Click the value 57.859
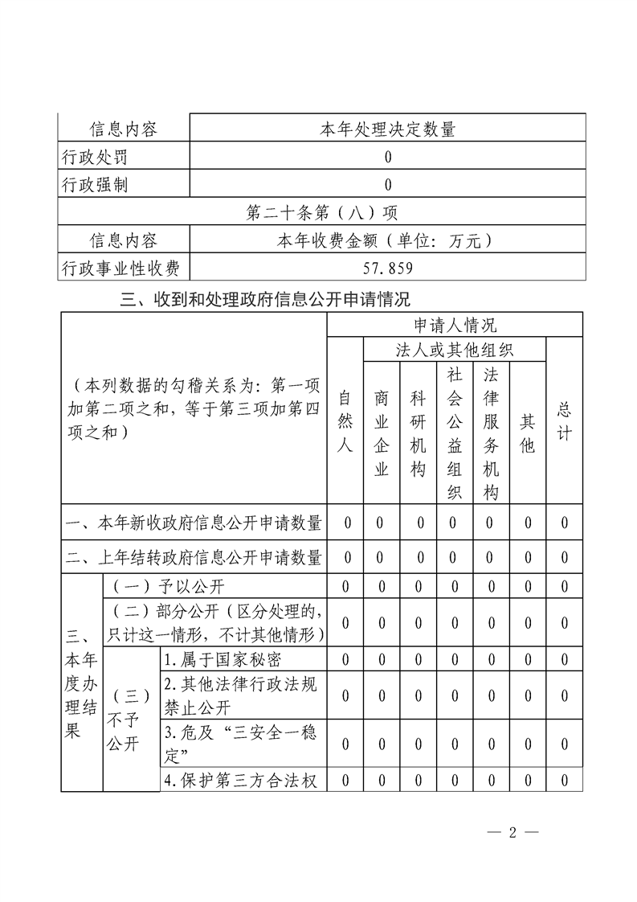point(388,268)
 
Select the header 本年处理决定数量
point(388,129)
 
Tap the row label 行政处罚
point(94,157)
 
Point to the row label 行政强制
point(94,185)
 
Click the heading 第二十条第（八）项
point(322,213)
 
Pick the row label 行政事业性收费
point(120,268)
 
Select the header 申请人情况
point(455,325)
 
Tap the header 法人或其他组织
point(455,351)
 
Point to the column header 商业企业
point(382,433)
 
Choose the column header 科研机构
point(418,433)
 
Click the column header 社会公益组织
point(454,433)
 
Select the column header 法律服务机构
point(491,433)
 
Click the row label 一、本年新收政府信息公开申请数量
point(194,523)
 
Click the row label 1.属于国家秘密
point(222,660)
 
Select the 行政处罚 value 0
point(388,157)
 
